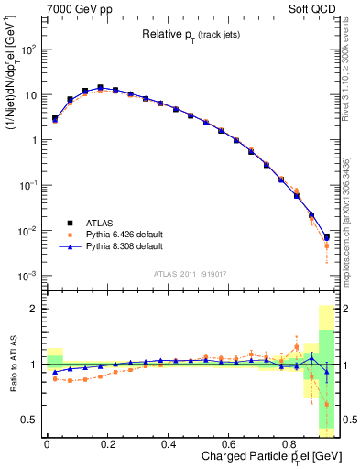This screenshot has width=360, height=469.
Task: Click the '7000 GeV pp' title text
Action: point(76,8)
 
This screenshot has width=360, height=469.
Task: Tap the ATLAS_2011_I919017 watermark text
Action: point(189,272)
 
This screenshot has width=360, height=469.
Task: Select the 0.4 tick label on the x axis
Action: point(168,444)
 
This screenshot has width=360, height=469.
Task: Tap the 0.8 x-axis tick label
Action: point(289,444)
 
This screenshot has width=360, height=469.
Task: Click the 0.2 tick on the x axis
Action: point(106,444)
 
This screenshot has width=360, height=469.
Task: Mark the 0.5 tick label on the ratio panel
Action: point(28,420)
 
